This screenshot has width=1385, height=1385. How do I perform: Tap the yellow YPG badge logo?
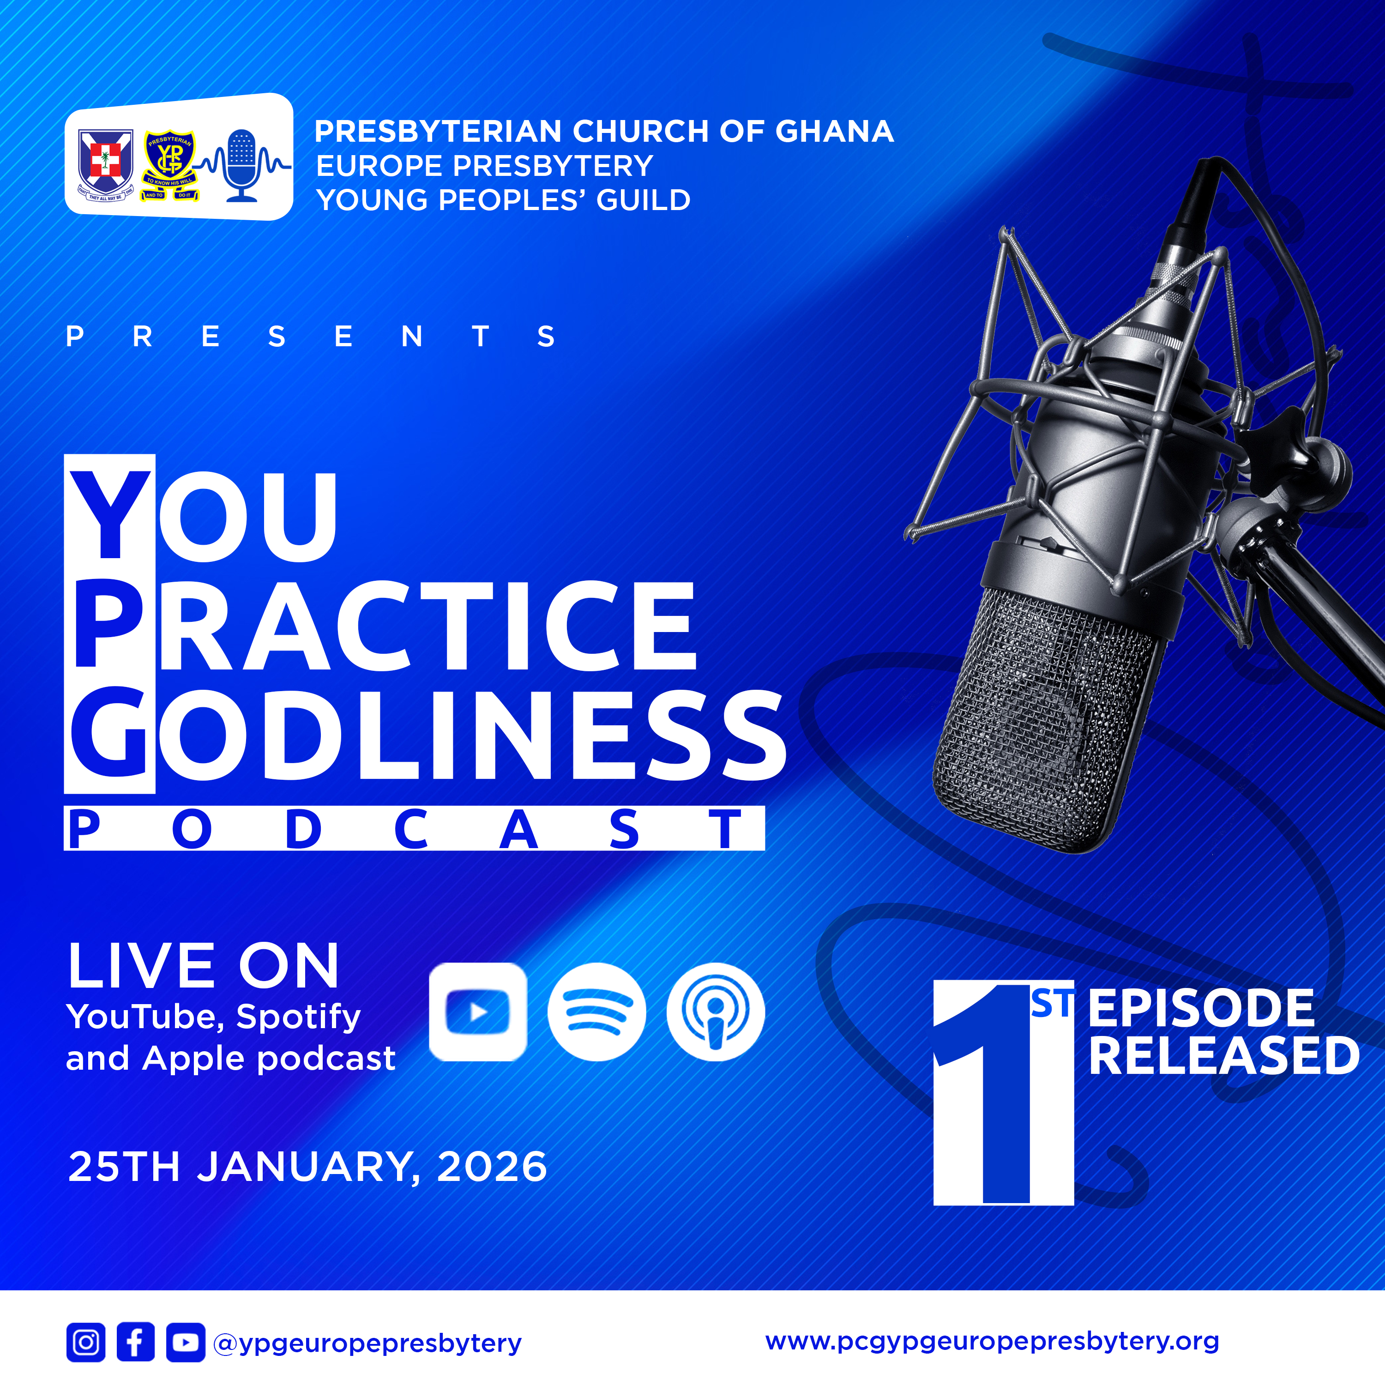point(169,165)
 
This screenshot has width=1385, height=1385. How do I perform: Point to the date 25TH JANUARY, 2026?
point(307,1166)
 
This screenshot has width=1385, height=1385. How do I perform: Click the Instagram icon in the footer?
point(86,1342)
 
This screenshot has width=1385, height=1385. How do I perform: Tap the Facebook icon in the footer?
point(135,1342)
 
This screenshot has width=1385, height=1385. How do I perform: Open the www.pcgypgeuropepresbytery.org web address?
point(992,1341)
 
